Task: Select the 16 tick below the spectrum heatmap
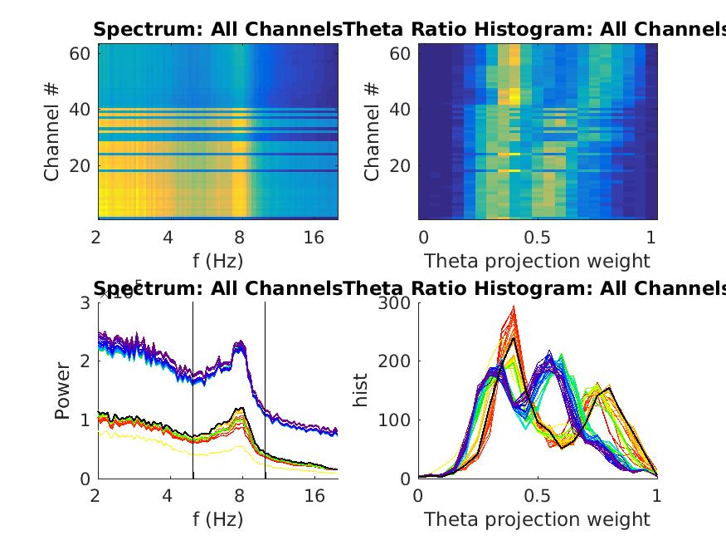click(314, 238)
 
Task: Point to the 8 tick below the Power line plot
click(240, 497)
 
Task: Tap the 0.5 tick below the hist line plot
click(538, 497)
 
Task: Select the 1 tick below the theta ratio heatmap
click(651, 238)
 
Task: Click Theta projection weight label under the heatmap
click(537, 261)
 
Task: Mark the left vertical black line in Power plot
click(192, 390)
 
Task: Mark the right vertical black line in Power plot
click(265, 390)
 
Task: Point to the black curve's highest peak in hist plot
click(514, 338)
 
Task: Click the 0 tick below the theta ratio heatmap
click(423, 238)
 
